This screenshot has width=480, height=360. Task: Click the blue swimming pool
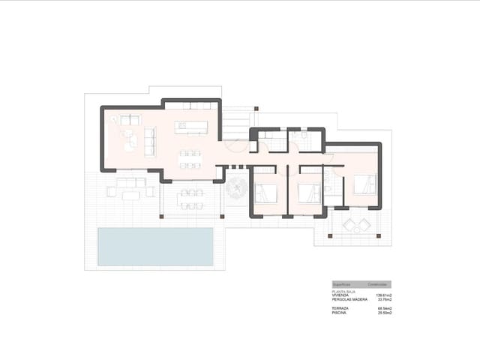(155, 246)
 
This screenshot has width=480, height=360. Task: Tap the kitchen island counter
(190, 127)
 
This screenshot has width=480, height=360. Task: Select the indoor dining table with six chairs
(190, 159)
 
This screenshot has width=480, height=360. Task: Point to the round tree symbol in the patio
(236, 187)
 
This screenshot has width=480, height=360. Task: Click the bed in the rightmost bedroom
(364, 184)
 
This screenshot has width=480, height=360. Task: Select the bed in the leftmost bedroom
(265, 193)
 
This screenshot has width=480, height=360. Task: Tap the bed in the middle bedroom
(309, 193)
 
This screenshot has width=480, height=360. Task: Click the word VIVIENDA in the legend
(341, 296)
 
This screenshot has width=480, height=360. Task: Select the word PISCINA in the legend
(340, 313)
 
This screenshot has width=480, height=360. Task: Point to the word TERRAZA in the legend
(340, 308)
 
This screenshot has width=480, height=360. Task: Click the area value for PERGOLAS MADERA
(384, 300)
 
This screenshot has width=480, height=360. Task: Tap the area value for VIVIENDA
(383, 296)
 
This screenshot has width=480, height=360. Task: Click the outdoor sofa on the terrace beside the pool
(130, 182)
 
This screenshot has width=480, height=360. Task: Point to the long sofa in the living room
(148, 141)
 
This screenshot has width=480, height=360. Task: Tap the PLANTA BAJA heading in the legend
(343, 292)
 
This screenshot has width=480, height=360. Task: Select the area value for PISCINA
(385, 313)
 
